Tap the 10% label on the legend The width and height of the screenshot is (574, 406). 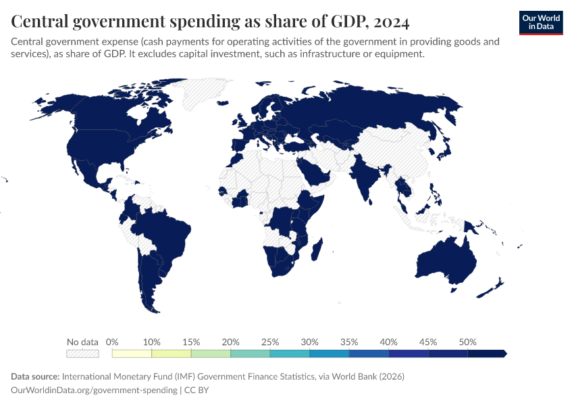(x=151, y=342)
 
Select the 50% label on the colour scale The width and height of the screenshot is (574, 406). (x=467, y=342)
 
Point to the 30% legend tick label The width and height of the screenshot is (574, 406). (x=309, y=342)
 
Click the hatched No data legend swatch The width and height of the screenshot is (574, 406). (x=82, y=353)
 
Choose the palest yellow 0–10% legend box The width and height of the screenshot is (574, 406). (x=132, y=353)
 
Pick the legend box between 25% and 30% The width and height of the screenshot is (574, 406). (x=290, y=353)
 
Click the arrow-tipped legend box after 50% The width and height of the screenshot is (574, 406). (x=487, y=353)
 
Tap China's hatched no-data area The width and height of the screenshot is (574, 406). (x=398, y=152)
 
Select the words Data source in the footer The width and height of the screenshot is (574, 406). (x=35, y=376)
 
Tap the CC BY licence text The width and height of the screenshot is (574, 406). (x=201, y=390)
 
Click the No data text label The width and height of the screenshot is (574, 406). (x=82, y=342)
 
